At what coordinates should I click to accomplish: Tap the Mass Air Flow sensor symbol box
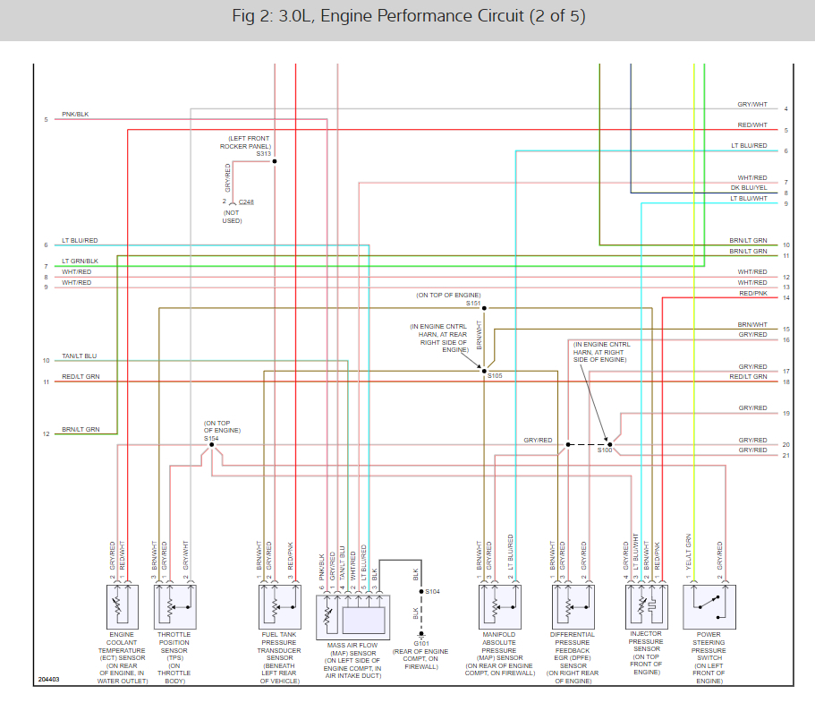point(352,613)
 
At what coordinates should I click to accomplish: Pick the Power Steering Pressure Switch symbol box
point(709,606)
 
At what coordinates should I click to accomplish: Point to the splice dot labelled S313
point(275,161)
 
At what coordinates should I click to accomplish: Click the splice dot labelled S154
point(211,444)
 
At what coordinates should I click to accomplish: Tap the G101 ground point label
point(420,643)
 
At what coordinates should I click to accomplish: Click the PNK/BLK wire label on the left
point(75,115)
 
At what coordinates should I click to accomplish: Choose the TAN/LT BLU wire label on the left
point(79,356)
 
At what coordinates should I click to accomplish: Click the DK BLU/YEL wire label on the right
point(748,188)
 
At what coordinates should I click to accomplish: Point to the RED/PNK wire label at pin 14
point(752,294)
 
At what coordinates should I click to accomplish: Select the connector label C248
point(246,202)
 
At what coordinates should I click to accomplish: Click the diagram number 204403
point(49,680)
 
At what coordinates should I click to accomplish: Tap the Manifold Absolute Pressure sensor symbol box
point(497,606)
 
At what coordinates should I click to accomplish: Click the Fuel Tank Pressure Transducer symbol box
point(277,606)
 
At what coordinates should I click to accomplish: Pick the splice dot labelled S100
point(609,444)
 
